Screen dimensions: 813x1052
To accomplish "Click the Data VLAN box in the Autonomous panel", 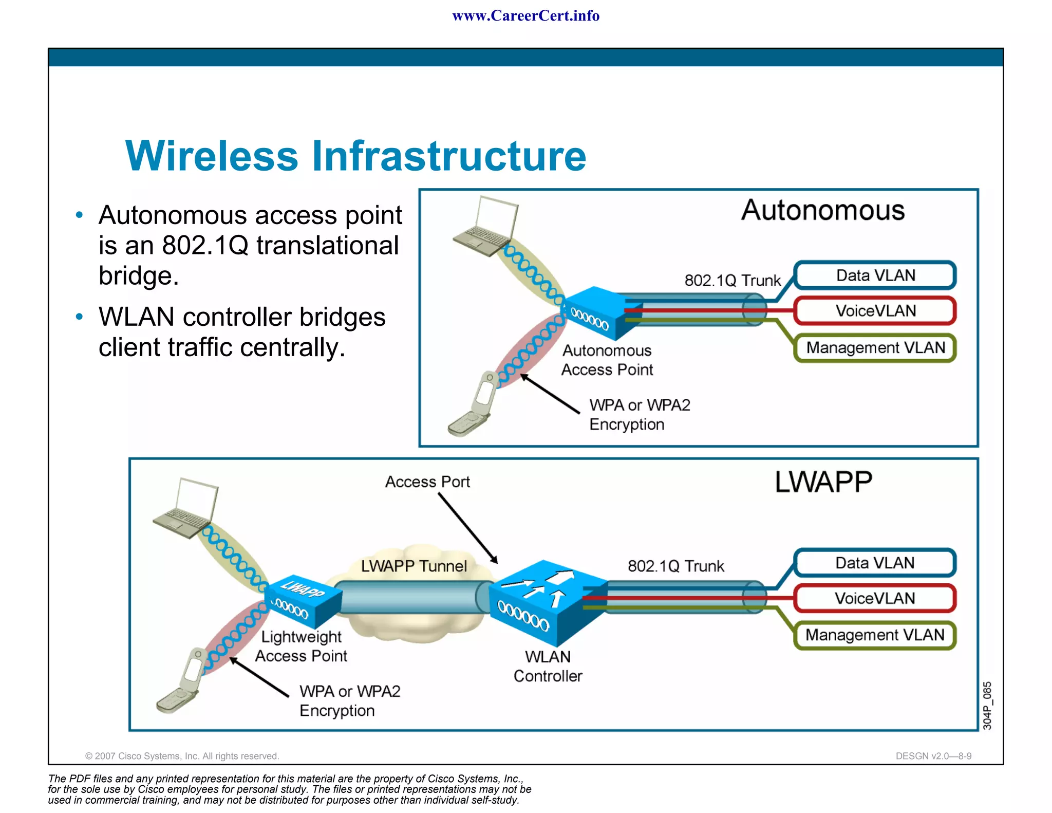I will (875, 275).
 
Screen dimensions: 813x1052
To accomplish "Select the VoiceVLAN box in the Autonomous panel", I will (875, 311).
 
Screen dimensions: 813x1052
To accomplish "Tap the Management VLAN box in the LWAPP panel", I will (875, 635).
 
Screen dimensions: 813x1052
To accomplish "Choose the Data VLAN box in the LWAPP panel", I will (875, 563).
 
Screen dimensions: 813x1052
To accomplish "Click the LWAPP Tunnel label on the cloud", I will (414, 566).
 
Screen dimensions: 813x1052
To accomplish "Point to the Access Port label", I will (427, 482).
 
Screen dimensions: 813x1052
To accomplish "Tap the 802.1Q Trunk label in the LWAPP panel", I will (675, 566).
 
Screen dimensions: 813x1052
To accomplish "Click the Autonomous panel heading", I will (822, 211).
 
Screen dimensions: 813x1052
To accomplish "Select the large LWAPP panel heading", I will (823, 482).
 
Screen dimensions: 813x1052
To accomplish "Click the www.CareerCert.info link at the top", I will (525, 16).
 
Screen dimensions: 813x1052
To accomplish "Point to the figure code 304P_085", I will (987, 705).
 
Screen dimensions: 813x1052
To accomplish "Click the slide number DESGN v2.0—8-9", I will (933, 756).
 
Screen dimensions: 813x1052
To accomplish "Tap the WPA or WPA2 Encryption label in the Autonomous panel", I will (639, 415).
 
